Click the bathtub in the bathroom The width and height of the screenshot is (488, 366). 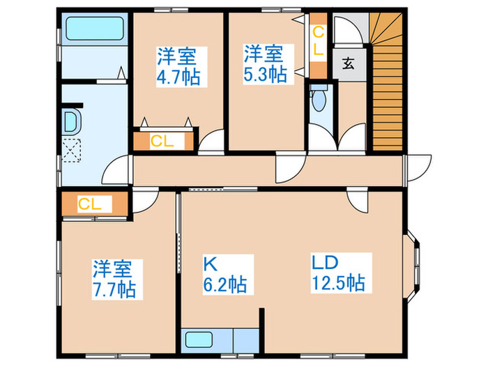tap(95, 29)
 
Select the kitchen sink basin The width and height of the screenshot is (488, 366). tap(199, 340)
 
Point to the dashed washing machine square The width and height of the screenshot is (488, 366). tap(71, 151)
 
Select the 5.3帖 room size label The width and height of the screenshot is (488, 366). tap(265, 75)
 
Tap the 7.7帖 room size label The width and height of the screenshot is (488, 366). tap(114, 290)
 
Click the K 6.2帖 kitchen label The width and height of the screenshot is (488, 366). tap(225, 275)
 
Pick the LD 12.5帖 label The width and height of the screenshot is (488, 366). tap(338, 273)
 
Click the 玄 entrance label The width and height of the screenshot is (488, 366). tap(349, 64)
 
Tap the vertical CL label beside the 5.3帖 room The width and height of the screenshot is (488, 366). tap(318, 40)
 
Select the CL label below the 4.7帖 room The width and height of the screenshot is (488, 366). tap(162, 142)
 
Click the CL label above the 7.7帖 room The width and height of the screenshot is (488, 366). tap(90, 204)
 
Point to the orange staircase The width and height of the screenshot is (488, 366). tap(386, 82)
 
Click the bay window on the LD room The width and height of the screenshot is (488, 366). tap(412, 266)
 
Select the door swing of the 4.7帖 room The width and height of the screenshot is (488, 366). tap(211, 142)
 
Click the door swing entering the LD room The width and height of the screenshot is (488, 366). tap(357, 201)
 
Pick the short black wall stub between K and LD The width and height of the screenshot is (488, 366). tap(261, 330)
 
